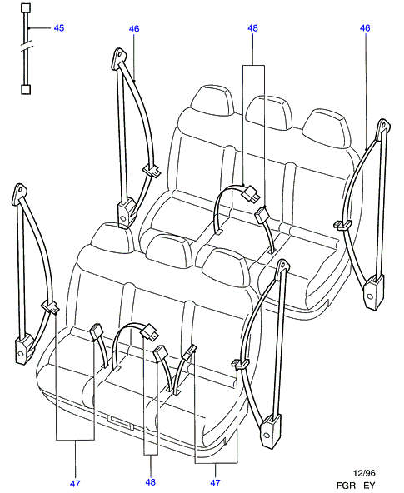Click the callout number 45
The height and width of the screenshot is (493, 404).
(59, 28)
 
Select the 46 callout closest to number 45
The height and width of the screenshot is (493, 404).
(134, 29)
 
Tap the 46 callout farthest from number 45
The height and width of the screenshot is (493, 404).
(365, 28)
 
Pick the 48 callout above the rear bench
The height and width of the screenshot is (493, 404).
(252, 28)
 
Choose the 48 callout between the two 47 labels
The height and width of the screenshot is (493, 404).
(151, 481)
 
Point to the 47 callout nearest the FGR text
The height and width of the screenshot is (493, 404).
(216, 482)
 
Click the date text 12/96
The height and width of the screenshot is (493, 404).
(364, 473)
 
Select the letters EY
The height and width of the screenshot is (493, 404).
(369, 486)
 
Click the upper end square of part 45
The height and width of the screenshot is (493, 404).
(26, 8)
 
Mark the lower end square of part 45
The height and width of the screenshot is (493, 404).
(26, 90)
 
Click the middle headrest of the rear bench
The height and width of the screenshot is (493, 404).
(269, 112)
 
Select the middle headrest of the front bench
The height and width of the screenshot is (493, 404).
(170, 251)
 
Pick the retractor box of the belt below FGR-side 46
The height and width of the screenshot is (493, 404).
(374, 292)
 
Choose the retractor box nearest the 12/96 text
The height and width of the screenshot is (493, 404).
(271, 431)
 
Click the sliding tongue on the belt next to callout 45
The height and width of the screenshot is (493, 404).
(152, 171)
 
